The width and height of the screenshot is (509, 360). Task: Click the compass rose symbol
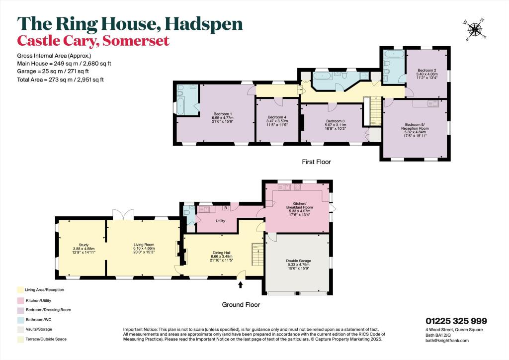(475, 29)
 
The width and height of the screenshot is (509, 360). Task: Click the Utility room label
(221, 220)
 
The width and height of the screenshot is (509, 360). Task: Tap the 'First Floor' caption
(316, 162)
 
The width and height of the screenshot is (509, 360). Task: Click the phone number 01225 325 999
(456, 321)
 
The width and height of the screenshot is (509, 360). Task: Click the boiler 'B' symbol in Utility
(225, 208)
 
